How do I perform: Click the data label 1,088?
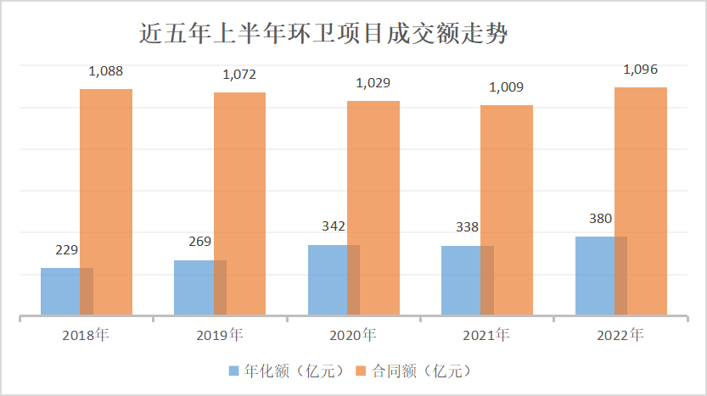coord(106,73)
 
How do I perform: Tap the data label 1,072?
coord(239,75)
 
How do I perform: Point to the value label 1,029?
coord(373,84)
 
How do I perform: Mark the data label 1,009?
coord(507,86)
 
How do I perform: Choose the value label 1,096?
coord(641,70)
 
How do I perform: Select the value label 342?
coord(334,227)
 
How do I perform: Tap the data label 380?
coord(602,219)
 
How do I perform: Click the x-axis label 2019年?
coord(219,334)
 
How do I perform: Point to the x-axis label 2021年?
coord(486,334)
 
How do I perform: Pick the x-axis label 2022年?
coord(620,334)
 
